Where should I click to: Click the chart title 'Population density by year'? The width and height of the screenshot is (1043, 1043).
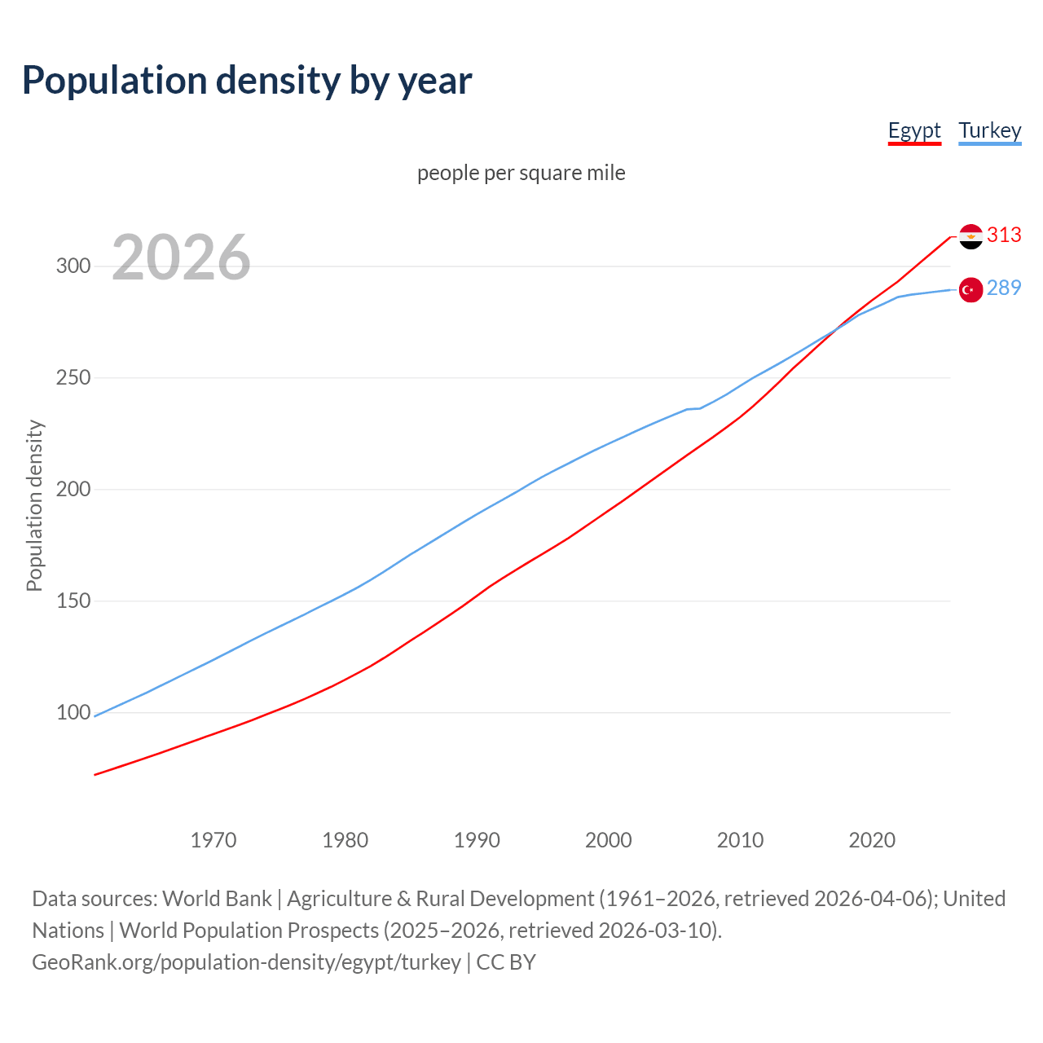247,81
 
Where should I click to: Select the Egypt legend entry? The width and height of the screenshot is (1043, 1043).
914,130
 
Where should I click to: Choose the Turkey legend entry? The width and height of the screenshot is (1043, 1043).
990,130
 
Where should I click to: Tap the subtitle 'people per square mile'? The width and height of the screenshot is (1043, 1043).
521,173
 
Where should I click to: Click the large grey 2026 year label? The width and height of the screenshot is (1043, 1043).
181,257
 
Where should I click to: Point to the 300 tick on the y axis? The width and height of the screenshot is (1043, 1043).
73,266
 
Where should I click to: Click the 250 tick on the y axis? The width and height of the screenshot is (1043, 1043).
73,378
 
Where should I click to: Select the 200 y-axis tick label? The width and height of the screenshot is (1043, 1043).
73,490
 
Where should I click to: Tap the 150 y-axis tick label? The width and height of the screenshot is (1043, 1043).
73,601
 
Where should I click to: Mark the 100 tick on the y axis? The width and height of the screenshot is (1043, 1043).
73,713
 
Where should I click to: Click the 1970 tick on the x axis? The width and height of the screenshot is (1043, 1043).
213,840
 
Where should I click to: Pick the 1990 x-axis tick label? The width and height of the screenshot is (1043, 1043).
477,840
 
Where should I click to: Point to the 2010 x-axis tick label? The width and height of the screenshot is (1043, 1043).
740,840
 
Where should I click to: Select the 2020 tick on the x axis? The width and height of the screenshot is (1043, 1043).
872,840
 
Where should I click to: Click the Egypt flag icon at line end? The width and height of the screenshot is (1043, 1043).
970,236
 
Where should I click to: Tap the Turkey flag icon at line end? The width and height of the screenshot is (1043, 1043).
970,289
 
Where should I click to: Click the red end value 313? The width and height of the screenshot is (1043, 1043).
1004,235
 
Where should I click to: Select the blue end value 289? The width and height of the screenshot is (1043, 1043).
1004,288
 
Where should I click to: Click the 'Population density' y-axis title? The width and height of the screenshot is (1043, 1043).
34,505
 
